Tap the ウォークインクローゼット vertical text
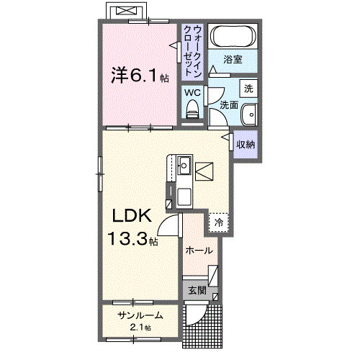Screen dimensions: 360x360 tap(192, 50)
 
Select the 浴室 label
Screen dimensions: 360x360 tap(231, 59)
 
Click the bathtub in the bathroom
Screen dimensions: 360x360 tap(232, 36)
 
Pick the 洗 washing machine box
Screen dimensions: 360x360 tap(248, 89)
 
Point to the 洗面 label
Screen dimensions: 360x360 tap(228, 105)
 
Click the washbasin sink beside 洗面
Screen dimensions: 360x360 tap(249, 114)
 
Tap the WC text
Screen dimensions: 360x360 tap(192, 92)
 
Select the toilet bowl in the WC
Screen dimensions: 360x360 tap(192, 109)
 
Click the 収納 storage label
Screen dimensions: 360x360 tap(246, 143)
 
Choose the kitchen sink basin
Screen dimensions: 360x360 tap(183, 166)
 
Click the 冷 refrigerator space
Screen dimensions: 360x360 tap(219, 222)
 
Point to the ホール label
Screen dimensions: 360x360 tap(199, 251)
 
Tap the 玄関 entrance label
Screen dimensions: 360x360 tap(197, 291)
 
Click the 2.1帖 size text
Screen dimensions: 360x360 tap(141, 328)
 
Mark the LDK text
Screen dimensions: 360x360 tap(130, 215)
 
